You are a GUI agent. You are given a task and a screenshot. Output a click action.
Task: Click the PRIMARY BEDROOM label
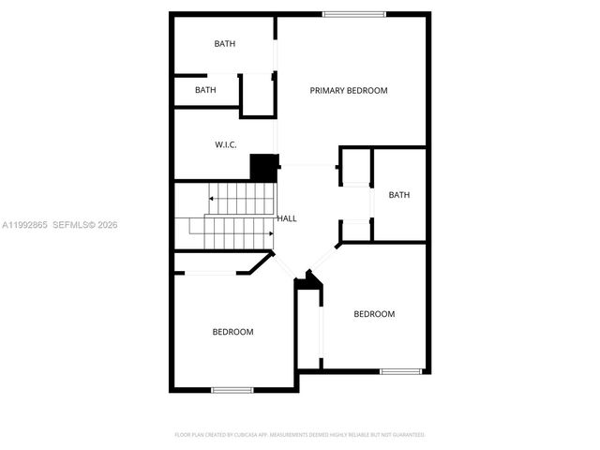click(349, 91)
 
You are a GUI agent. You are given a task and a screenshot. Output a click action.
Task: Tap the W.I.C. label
click(225, 144)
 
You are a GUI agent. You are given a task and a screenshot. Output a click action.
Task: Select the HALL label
click(287, 218)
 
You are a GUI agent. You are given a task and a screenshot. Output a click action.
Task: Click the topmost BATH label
click(225, 44)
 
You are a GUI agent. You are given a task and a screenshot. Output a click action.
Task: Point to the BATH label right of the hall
click(399, 195)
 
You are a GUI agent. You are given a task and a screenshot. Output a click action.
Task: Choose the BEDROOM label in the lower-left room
click(232, 332)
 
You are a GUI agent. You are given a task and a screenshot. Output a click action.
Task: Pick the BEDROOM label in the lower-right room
click(374, 314)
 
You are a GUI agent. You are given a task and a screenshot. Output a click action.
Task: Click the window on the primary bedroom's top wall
click(353, 14)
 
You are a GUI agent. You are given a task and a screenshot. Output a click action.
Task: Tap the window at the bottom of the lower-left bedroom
click(232, 390)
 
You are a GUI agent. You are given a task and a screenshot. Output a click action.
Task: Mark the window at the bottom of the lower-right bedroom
click(399, 372)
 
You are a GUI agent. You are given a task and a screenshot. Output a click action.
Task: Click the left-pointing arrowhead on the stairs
click(212, 199)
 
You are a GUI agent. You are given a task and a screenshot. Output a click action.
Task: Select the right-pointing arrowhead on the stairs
click(271, 233)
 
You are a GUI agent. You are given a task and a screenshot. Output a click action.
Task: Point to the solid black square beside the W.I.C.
click(264, 169)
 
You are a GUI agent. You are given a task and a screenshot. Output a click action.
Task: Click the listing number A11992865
click(23, 225)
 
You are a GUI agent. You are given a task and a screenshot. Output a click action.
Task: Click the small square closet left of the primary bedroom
click(257, 95)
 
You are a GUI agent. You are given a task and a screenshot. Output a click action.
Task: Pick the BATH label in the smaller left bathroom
click(205, 90)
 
